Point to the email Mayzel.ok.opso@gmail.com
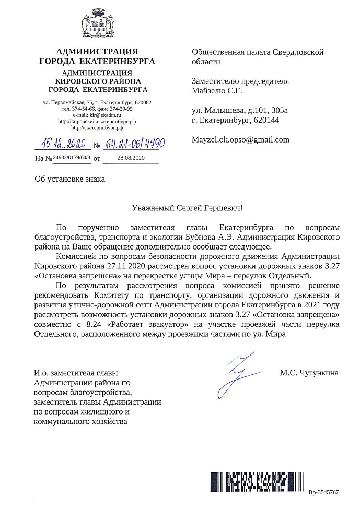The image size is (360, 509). (240, 140)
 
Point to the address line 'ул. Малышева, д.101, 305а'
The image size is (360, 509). (240, 111)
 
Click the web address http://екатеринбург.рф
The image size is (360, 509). (97, 127)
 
